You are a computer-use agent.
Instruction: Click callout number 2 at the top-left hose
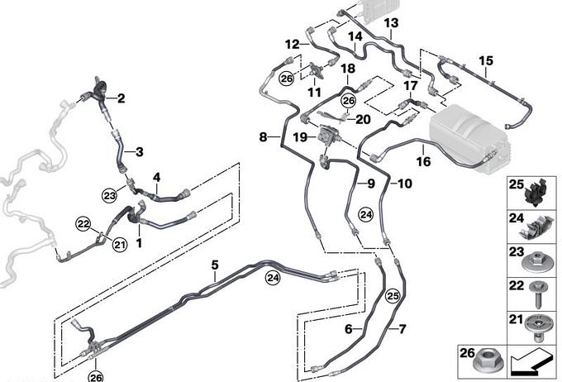pos(121,99)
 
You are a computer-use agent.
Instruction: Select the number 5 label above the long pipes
pos(214,265)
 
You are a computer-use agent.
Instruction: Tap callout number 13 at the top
pos(391,22)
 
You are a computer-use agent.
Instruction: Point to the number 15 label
pos(485,60)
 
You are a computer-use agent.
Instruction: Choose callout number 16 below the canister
pos(423,161)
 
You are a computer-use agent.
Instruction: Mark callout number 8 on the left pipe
pos(263,137)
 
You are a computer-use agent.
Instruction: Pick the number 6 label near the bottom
pos(348,328)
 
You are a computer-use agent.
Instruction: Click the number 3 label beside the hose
pos(139,151)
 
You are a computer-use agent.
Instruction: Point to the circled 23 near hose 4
pos(110,195)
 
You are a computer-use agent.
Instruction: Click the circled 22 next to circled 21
pos(83,222)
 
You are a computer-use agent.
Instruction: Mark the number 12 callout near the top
pos(292,43)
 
